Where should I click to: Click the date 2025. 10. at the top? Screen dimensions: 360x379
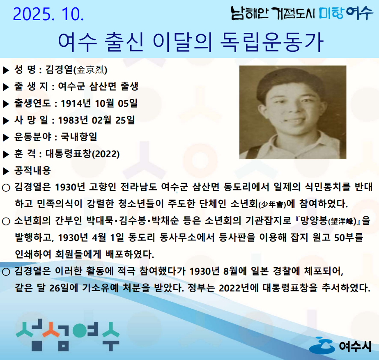49,15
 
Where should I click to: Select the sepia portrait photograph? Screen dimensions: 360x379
293,112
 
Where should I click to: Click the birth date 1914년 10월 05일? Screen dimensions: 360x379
99,103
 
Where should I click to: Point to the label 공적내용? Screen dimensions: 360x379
32,171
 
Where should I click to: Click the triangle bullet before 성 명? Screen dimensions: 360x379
6,70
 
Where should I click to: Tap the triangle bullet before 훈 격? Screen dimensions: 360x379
6,154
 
